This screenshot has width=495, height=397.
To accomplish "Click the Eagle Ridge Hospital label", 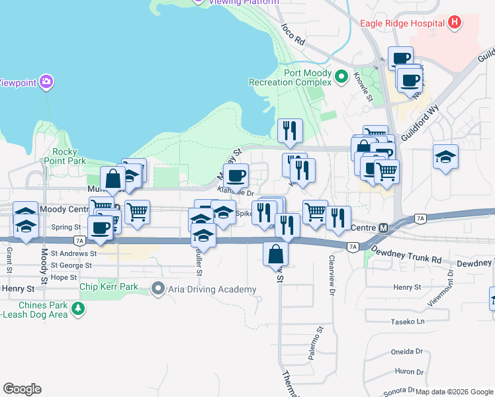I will coord(402,23).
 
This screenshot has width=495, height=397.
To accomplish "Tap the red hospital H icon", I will coord(454,23).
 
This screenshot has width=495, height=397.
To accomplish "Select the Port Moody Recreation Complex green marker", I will coord(341,77).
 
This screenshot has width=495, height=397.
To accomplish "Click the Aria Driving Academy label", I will coord(211,289).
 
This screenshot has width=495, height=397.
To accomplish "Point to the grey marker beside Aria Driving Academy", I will coord(157,288).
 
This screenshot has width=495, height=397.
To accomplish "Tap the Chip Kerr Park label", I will coord(109,287).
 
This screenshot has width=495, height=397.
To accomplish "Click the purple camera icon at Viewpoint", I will coord(46,83).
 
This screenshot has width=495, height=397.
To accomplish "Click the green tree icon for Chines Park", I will coord(78,308).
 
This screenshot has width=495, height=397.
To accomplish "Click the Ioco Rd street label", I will coord(292,34).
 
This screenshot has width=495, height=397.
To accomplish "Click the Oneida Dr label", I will coord(408,351).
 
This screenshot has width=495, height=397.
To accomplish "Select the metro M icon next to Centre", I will coord(382,228).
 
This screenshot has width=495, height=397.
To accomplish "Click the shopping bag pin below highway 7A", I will coord(275,253).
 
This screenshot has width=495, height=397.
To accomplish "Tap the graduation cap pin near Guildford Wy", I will coord(445,157).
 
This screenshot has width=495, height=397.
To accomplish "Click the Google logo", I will coord(22,389).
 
